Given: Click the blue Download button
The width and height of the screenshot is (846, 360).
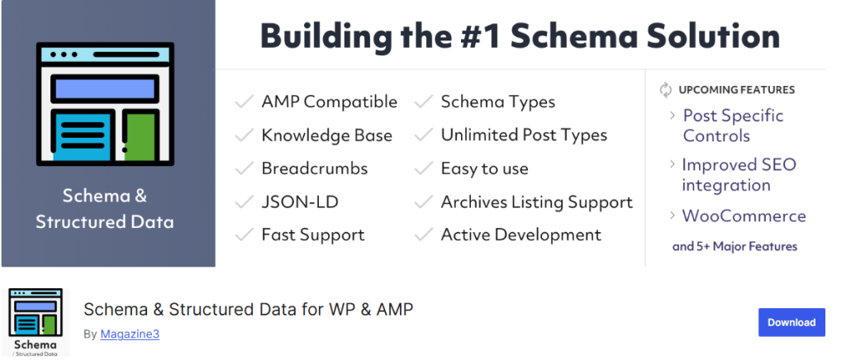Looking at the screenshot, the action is (791, 322).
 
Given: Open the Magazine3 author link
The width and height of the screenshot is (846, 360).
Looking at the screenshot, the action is (130, 334).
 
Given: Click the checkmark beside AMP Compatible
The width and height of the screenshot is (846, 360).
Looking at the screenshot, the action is (245, 102).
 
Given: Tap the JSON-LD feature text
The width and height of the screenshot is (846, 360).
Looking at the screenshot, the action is (300, 202).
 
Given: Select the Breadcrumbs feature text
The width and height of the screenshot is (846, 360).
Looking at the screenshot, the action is (315, 168).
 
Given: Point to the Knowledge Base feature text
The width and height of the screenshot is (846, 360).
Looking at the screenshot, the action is (327, 135).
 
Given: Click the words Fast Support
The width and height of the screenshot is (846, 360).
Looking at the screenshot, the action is (313, 235).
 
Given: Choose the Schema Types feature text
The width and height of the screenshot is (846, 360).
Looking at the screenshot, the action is (498, 102).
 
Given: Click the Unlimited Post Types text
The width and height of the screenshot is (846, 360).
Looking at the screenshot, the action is (524, 135).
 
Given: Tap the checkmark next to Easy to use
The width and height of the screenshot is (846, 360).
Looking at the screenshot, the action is (424, 168).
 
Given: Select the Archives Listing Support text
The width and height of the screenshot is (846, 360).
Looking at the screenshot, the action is (537, 202).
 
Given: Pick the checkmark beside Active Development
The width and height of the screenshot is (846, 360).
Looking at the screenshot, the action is (424, 234).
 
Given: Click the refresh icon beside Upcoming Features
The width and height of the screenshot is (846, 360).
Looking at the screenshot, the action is (666, 90).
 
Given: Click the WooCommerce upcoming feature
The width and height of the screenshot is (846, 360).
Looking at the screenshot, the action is (744, 216).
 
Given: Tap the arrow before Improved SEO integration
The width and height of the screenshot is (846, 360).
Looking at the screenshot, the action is (673, 163).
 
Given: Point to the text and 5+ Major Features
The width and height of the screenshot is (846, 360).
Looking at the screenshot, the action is (734, 247).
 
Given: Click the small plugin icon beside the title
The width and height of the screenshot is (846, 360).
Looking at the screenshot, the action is (36, 322).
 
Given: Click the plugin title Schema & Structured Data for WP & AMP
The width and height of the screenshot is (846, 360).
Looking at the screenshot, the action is (249, 310).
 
